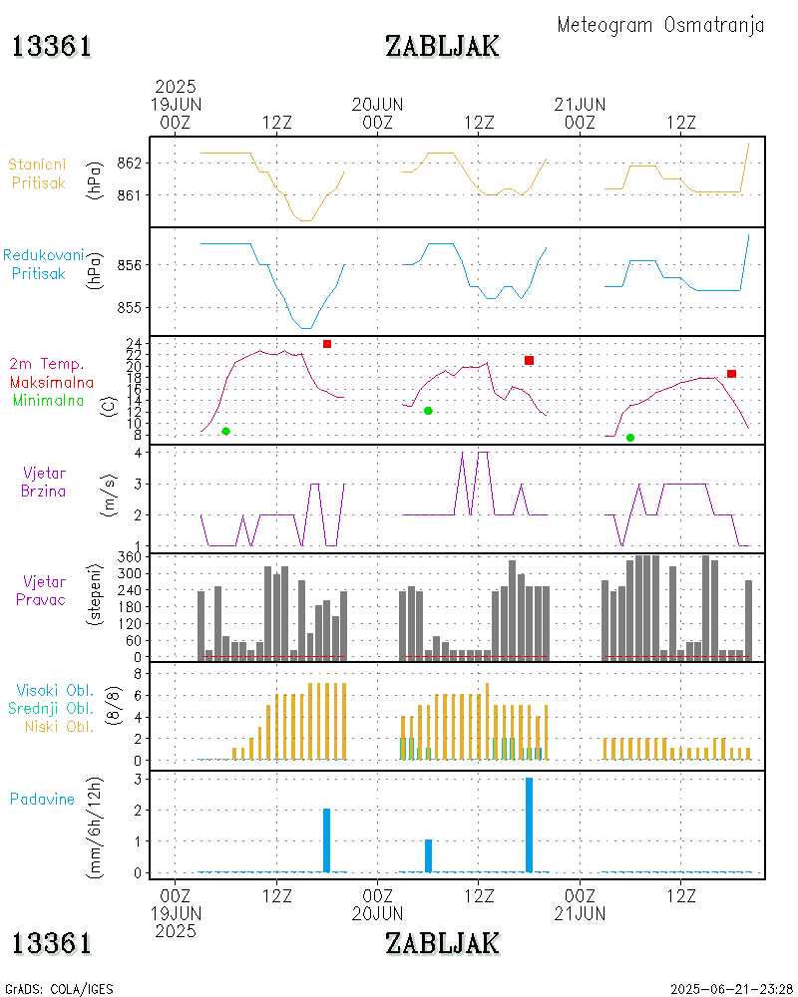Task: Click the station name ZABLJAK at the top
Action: point(442,46)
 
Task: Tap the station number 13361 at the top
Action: point(52,46)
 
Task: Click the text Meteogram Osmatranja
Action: point(660,25)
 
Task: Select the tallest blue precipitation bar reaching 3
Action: point(529,825)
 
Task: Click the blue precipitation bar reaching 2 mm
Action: point(326,839)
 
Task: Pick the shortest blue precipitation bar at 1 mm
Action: point(428,855)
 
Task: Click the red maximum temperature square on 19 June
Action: point(326,344)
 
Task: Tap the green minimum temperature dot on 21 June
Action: point(630,438)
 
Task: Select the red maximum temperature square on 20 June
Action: point(529,360)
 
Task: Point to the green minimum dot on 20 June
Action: point(428,411)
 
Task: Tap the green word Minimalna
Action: point(49,400)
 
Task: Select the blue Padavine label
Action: point(43,799)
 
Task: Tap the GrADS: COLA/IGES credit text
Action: point(60,989)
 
